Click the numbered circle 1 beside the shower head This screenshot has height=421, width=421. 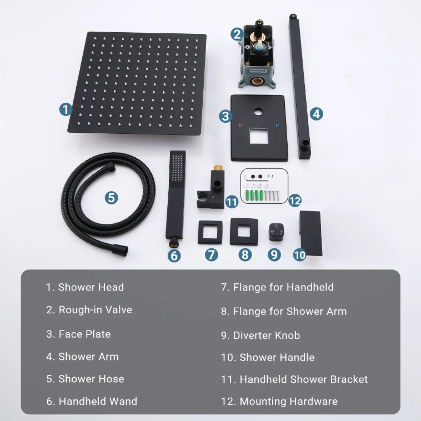pyautogui.click(x=66, y=109)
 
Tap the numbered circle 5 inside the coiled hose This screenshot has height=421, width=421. pyautogui.click(x=111, y=197)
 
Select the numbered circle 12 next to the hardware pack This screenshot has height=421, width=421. pyautogui.click(x=295, y=200)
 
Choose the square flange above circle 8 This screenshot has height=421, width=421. pyautogui.click(x=244, y=231)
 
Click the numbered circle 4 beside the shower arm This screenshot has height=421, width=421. pyautogui.click(x=315, y=113)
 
